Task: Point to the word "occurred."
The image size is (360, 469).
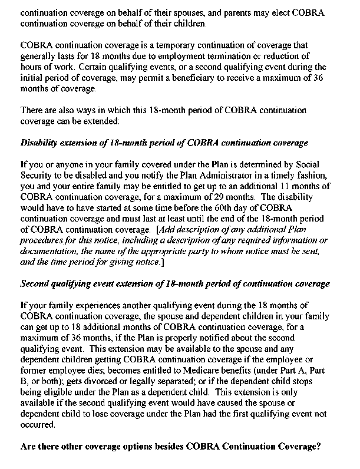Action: pos(39,424)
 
